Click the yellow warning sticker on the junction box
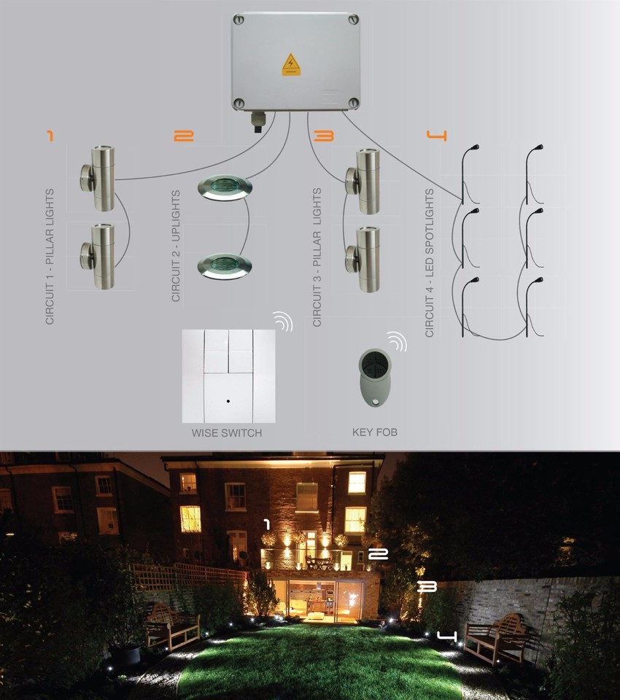tap(291, 64)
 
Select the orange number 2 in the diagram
tap(184, 136)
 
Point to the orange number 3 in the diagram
tap(322, 136)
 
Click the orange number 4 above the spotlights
tap(435, 136)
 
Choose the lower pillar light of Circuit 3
tap(364, 258)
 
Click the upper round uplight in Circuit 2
tap(224, 187)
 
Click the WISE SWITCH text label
tap(227, 433)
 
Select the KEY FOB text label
tap(375, 432)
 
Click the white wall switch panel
tap(228, 376)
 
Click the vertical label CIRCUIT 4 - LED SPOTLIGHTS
tap(430, 262)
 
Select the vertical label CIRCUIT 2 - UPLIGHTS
tap(175, 246)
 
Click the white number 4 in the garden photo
tap(446, 637)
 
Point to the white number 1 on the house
tap(267, 524)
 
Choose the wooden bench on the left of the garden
tap(172, 626)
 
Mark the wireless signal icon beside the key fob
tap(397, 341)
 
